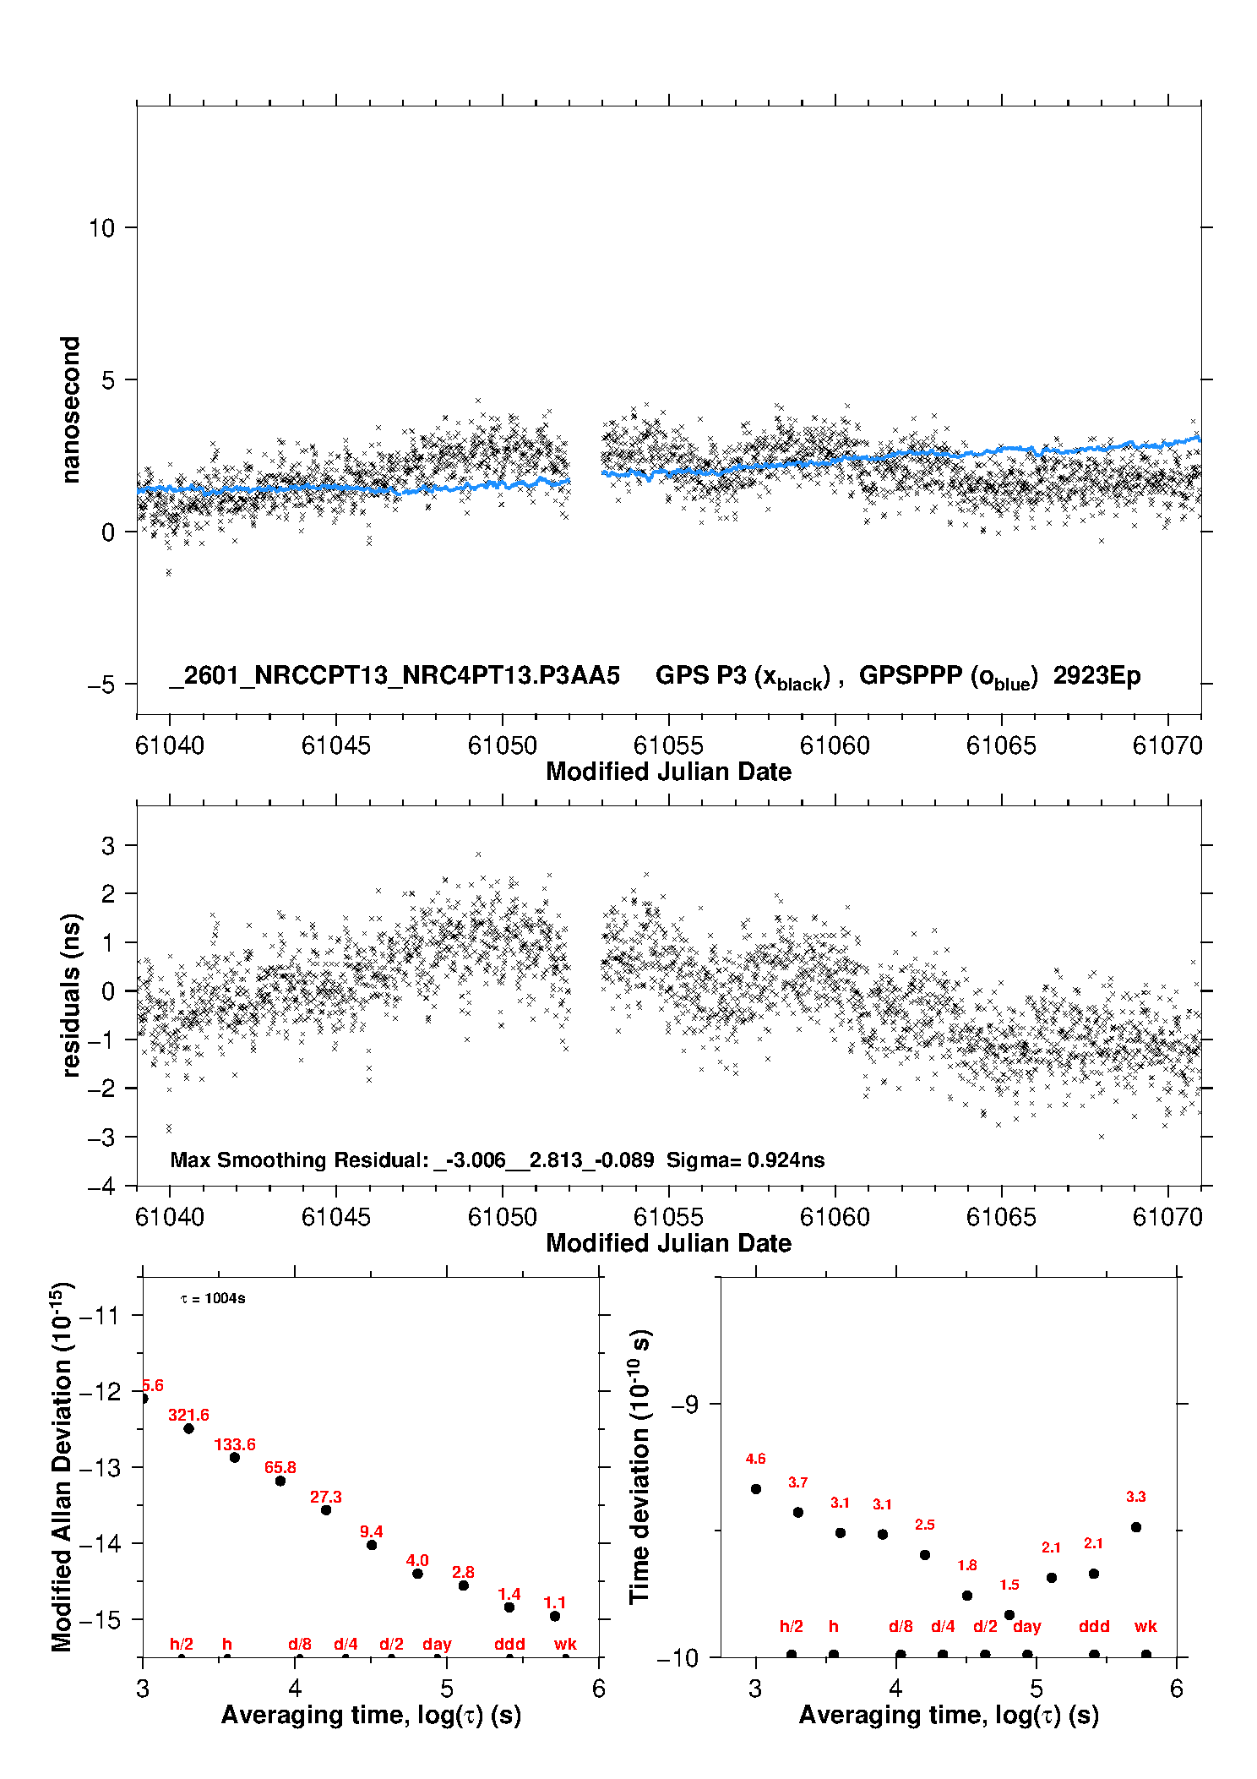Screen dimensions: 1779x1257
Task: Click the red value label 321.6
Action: coord(188,1416)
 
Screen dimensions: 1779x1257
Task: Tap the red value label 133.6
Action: coord(234,1445)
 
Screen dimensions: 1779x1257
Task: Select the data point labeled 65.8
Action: coord(280,1481)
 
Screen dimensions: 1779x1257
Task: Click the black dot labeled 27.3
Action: coord(326,1510)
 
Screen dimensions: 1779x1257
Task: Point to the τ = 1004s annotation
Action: coord(213,1299)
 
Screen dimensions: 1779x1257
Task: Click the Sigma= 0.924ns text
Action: coord(745,1160)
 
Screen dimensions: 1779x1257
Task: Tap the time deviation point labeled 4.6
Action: coord(756,1489)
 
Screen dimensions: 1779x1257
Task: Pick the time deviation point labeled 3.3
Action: coord(1136,1527)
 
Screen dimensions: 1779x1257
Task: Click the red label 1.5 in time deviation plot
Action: coord(1009,1585)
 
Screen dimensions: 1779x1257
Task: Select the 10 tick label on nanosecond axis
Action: coord(101,228)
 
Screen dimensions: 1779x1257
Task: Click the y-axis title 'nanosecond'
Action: coord(70,410)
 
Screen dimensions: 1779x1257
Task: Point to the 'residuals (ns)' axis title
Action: coord(72,996)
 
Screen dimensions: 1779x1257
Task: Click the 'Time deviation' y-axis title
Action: coord(639,1467)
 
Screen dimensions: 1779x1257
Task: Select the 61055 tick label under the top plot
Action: coord(668,746)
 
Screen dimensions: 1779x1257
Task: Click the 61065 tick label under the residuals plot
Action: coord(1001,1218)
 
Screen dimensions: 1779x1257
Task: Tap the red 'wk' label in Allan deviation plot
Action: coord(565,1645)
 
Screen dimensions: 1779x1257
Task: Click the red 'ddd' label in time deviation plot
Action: coord(1094,1627)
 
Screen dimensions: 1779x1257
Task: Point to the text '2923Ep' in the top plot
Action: coord(1096,676)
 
